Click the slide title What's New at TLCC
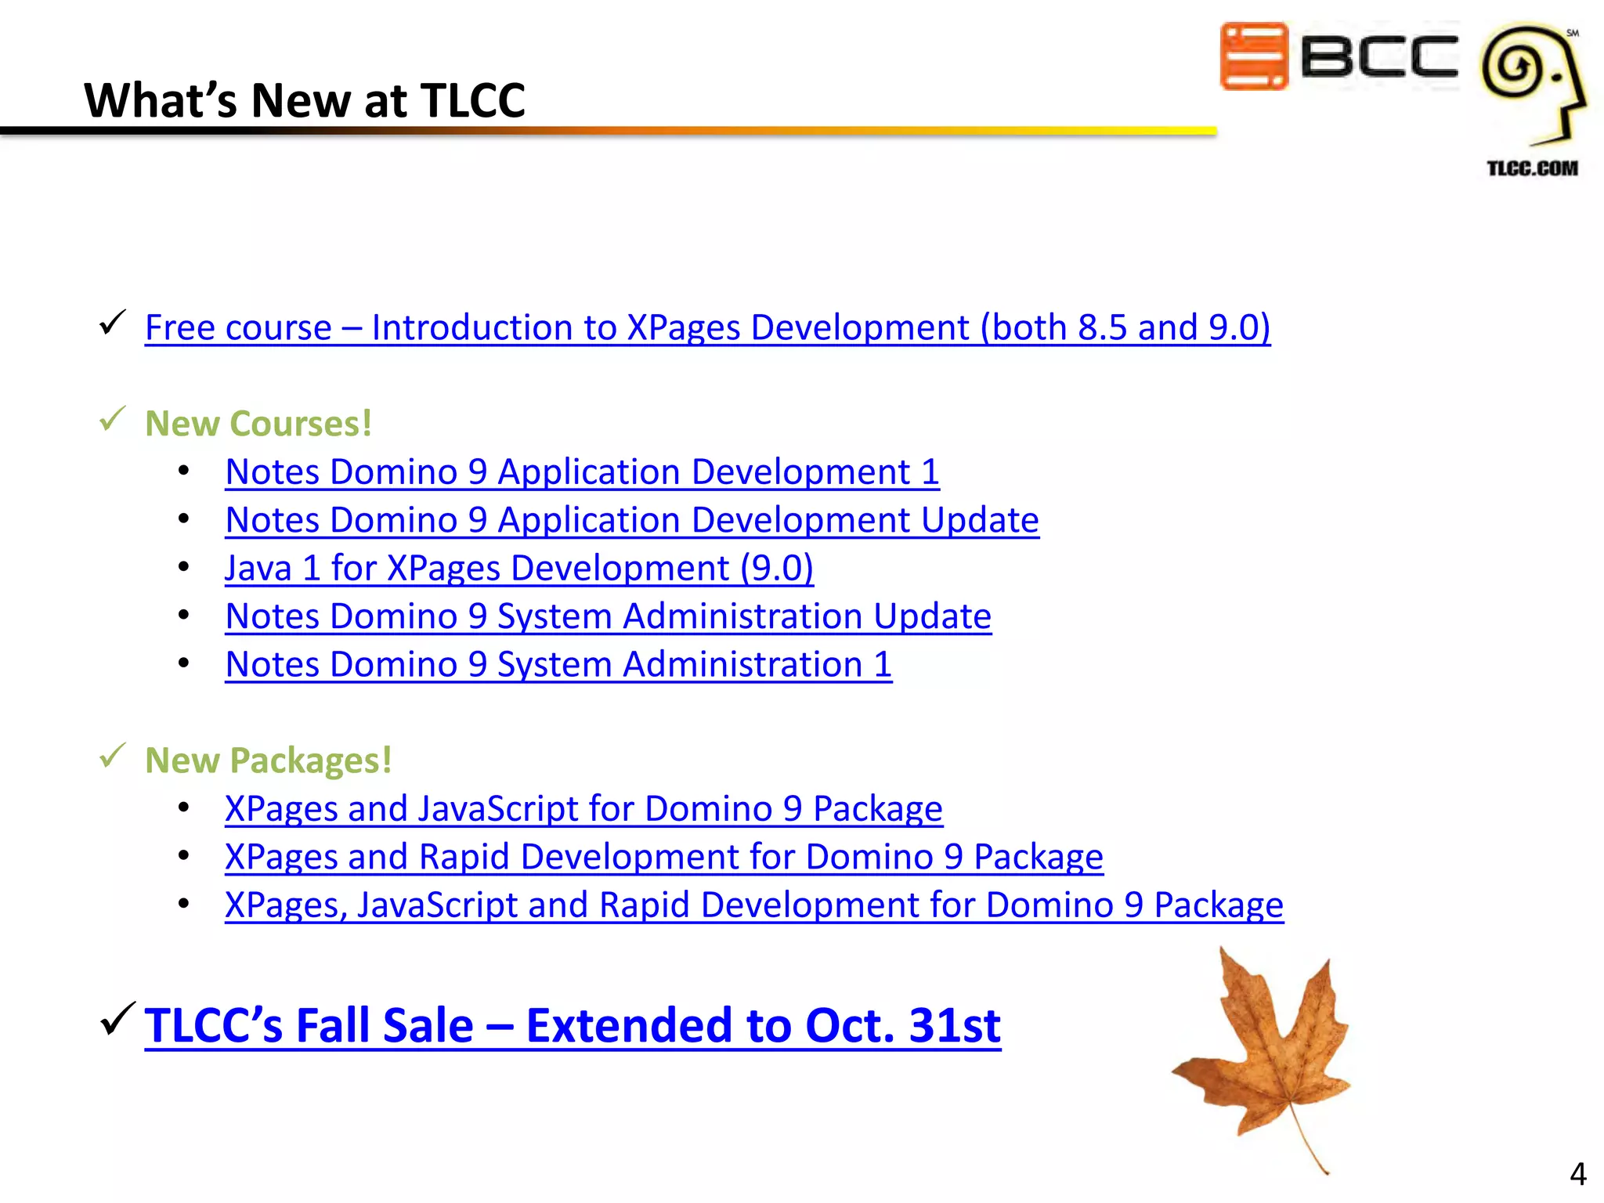304,100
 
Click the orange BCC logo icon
1253,56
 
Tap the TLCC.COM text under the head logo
1532,168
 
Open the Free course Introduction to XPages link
706,327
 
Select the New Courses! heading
258,424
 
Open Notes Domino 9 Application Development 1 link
582,472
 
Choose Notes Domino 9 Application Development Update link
631,520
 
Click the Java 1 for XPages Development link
518,569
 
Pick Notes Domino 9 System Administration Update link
608,616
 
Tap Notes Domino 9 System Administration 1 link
558,665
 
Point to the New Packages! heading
268,760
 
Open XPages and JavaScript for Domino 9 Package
583,809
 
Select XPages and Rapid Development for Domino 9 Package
663,857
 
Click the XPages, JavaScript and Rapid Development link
753,905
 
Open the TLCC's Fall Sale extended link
572,1025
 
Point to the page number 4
1577,1174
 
